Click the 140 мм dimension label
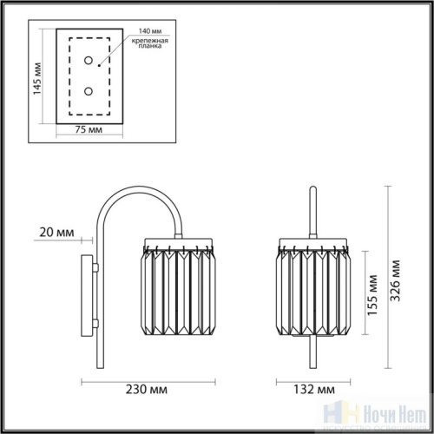point(139,29)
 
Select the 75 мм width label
point(85,129)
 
